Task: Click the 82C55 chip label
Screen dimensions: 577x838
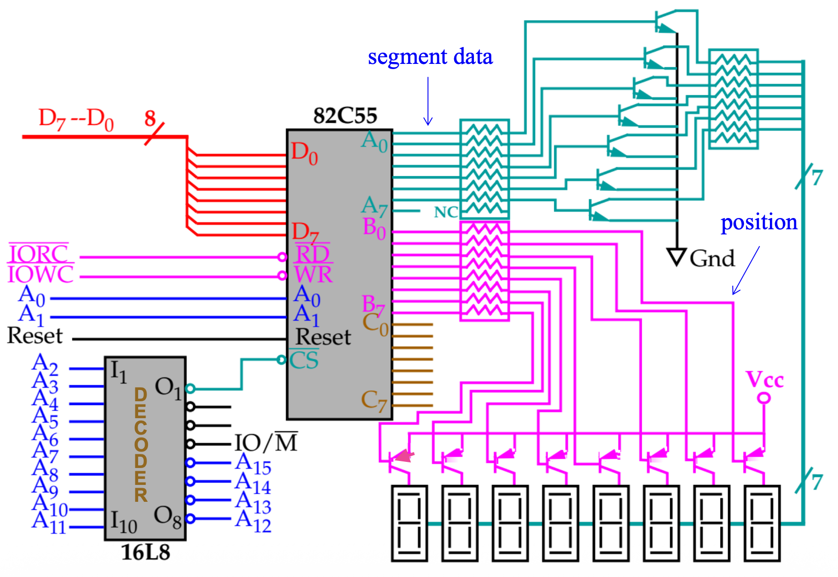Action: pos(345,116)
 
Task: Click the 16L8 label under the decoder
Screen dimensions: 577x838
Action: pos(146,553)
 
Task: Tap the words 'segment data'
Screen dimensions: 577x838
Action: pos(430,57)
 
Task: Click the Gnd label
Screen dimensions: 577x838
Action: pos(712,258)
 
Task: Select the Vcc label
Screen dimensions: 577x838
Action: pos(765,380)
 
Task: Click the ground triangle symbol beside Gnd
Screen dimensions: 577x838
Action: pos(677,257)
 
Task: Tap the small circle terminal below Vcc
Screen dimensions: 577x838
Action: pos(764,398)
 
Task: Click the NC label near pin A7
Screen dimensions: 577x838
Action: pos(446,212)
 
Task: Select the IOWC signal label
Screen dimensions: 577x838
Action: pos(40,274)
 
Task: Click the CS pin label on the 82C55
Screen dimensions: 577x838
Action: pos(304,360)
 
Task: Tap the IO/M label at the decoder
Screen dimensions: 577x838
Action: pos(266,442)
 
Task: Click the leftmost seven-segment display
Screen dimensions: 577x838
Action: pos(409,523)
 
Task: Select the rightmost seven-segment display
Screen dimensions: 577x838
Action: pos(762,523)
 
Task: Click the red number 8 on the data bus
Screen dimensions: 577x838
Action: pos(150,118)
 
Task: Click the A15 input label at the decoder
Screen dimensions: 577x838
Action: pos(253,464)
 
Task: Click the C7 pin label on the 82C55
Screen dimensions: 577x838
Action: pos(374,401)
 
